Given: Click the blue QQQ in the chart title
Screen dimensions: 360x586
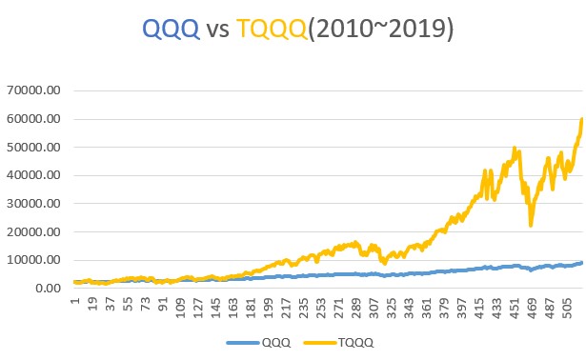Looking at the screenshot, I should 170,30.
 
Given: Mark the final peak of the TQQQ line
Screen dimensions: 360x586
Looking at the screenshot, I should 581,119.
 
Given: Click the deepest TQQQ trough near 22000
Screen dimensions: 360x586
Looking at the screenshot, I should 531,225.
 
